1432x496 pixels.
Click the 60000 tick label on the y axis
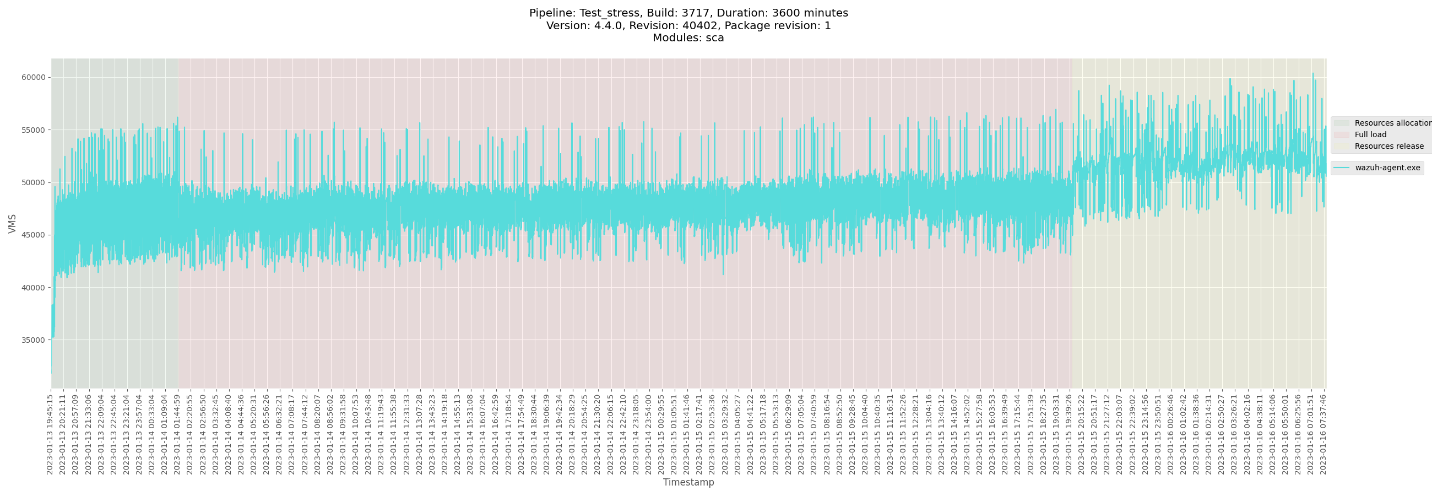pos(34,77)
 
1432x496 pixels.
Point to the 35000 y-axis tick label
pos(34,340)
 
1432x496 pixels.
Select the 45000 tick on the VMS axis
pos(34,235)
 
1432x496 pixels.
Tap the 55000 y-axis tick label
pos(34,130)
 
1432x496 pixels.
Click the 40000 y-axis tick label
pos(34,288)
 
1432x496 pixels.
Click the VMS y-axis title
pos(12,224)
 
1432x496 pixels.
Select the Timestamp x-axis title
pos(688,482)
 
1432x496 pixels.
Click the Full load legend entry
pos(1370,134)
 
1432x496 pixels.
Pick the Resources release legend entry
pos(1388,146)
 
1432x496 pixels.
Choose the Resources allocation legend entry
pos(1392,123)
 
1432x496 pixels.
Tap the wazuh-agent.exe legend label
pos(1387,168)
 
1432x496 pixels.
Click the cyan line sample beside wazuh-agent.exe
pos(1341,168)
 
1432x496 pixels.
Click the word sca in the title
pos(714,38)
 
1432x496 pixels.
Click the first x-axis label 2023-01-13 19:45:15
pos(50,434)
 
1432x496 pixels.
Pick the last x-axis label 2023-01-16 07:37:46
pos(1323,434)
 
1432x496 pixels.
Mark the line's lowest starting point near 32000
pos(52,373)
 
